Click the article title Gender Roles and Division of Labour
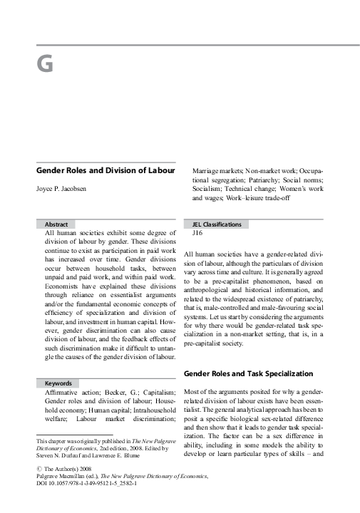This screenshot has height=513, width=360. (106, 171)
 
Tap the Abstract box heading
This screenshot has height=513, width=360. (56, 224)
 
